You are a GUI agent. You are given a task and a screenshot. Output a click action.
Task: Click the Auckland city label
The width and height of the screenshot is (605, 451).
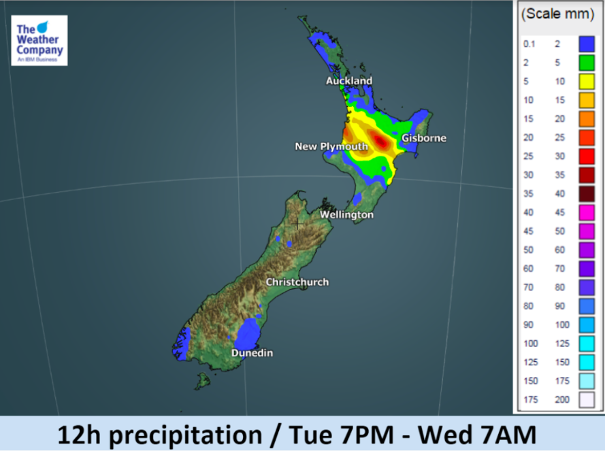pyautogui.click(x=349, y=81)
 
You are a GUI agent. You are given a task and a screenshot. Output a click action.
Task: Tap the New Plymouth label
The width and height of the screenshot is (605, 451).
pyautogui.click(x=331, y=146)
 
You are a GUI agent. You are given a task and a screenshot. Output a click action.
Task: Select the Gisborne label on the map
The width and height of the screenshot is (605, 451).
pyautogui.click(x=424, y=138)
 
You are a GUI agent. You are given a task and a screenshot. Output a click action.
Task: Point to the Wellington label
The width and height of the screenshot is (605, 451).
pyautogui.click(x=347, y=215)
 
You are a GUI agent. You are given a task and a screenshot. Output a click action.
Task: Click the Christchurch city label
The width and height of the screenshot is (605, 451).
pyautogui.click(x=297, y=282)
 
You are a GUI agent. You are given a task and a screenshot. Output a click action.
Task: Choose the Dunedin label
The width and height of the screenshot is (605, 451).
pyautogui.click(x=252, y=353)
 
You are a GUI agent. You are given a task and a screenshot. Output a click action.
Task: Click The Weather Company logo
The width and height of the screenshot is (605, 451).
pyautogui.click(x=39, y=40)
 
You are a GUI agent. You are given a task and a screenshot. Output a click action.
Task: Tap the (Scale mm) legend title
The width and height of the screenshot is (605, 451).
pyautogui.click(x=557, y=14)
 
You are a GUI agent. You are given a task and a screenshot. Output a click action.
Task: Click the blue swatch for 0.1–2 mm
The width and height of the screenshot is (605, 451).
pyautogui.click(x=586, y=44)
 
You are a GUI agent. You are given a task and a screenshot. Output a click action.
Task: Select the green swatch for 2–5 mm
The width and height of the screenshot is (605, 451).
pyautogui.click(x=586, y=63)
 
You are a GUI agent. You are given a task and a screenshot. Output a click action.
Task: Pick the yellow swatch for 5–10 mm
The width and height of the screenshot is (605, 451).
pyautogui.click(x=586, y=82)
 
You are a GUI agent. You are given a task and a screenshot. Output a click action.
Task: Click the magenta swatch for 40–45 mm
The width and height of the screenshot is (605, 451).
pyautogui.click(x=586, y=213)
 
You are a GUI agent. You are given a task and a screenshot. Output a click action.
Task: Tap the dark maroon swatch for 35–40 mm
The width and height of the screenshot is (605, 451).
pyautogui.click(x=586, y=194)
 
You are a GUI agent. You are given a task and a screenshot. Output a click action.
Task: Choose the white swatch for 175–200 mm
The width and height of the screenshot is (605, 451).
pyautogui.click(x=586, y=400)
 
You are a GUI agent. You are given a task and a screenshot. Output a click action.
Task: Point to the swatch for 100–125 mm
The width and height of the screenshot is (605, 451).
pyautogui.click(x=586, y=344)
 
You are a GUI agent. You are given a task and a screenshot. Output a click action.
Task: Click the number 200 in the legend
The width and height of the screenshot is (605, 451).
pyautogui.click(x=562, y=400)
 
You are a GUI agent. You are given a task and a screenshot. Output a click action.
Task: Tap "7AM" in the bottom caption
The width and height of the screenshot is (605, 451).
pyautogui.click(x=512, y=433)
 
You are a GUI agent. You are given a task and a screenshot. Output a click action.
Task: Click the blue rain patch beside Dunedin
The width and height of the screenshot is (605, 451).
pyautogui.click(x=248, y=335)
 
